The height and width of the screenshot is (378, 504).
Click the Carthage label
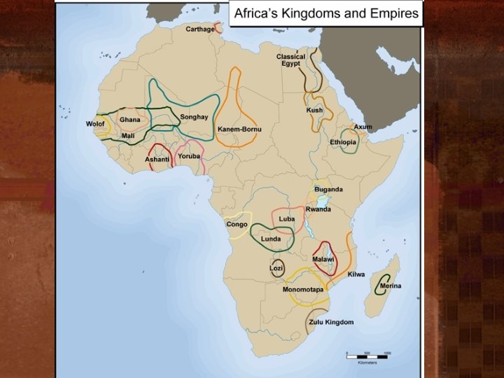pyautogui.click(x=199, y=29)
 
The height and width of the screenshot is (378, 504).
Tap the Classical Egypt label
pyautogui.click(x=290, y=59)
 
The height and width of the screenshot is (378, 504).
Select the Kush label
pyautogui.click(x=314, y=110)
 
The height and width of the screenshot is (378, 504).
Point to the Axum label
pyautogui.click(x=363, y=127)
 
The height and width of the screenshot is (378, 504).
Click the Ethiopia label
pyautogui.click(x=343, y=142)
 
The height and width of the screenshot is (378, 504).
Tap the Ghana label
pyautogui.click(x=129, y=120)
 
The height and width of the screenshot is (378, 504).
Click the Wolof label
pyautogui.click(x=95, y=123)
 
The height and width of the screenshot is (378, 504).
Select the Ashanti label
pyautogui.click(x=157, y=160)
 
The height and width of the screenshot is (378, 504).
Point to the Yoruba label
pyautogui.click(x=189, y=156)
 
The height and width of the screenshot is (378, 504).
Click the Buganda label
pyautogui.click(x=328, y=190)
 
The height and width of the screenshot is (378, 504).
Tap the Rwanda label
pyautogui.click(x=318, y=209)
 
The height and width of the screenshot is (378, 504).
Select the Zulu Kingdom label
pyautogui.click(x=331, y=322)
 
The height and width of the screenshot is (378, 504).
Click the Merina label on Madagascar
pyautogui.click(x=390, y=286)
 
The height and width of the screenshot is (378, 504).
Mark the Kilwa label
pyautogui.click(x=356, y=274)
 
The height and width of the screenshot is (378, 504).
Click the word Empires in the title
pyautogui.click(x=392, y=13)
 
